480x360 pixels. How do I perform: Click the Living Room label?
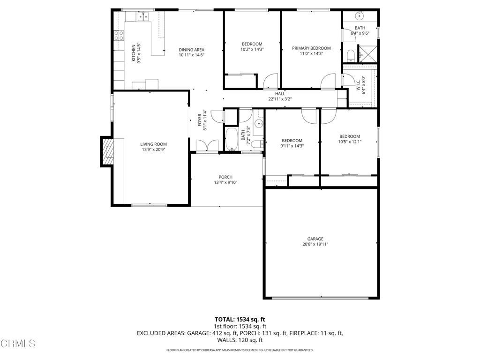tap(153, 144)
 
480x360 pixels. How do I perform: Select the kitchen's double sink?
tap(143, 17)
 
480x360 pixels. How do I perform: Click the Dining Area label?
tap(191, 50)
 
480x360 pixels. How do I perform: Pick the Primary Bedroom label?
tap(311, 48)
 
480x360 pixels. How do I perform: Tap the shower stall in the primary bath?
tap(367, 53)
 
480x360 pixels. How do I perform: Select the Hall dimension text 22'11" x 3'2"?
tap(280, 99)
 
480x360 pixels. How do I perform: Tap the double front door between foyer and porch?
tap(206, 146)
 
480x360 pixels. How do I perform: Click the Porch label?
tap(225, 177)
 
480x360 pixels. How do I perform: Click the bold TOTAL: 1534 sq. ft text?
tap(240, 320)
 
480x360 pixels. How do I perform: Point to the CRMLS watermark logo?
tap(18, 344)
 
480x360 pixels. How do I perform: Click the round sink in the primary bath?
tap(360, 16)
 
